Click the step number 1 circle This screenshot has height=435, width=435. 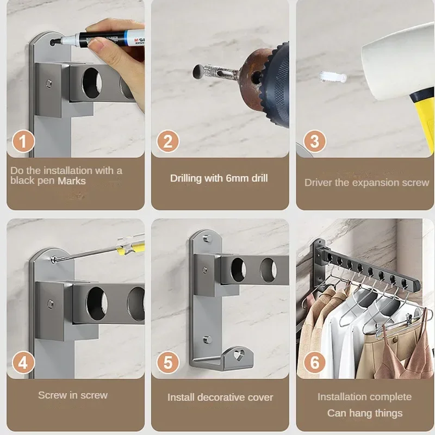[22, 142]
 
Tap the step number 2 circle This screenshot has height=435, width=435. [167, 142]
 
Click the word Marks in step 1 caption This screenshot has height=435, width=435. [72, 181]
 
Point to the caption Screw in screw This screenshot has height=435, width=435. [73, 395]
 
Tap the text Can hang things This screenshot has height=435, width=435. [365, 413]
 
